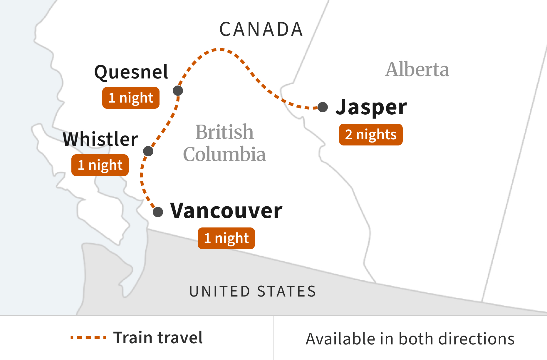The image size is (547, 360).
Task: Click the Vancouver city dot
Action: [158, 212]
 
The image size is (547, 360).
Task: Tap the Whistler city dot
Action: [148, 151]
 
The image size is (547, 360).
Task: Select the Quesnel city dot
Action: [178, 91]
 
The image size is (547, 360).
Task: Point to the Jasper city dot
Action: [323, 107]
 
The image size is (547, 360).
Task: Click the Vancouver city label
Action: [226, 211]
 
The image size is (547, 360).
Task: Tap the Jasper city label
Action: [371, 107]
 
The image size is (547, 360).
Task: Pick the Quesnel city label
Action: [131, 72]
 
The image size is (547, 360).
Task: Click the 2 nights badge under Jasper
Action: [371, 135]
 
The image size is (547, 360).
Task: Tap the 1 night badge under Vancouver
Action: [226, 238]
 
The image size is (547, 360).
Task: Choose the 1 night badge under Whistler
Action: [100, 165]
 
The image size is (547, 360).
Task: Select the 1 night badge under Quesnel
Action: [131, 98]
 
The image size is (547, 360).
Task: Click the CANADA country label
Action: [261, 29]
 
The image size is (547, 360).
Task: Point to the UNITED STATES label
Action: [253, 291]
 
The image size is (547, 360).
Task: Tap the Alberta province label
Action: [417, 70]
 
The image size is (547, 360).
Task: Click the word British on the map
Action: [224, 132]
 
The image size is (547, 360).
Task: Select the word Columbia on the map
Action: [224, 154]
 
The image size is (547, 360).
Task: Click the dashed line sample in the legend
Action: [88, 338]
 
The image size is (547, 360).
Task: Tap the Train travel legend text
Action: [158, 338]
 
